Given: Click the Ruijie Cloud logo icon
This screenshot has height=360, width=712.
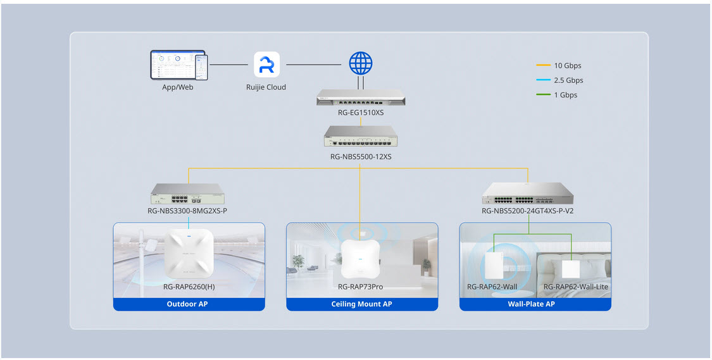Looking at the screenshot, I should point(266,65).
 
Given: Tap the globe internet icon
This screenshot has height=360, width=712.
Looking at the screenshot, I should point(361,63).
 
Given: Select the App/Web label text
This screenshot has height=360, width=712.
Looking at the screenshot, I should point(177,87).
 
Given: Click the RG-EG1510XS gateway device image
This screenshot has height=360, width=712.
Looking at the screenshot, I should point(361,97).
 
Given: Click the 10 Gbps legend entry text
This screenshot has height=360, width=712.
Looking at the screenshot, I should point(567,66).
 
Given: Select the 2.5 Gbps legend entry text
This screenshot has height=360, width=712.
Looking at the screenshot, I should point(568,80).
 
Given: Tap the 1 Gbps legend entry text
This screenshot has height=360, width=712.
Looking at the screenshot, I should point(565,95).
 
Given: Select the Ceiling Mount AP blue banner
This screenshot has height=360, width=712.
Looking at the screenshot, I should point(361,304).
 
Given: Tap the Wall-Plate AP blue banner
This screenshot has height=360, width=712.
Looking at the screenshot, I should point(535,304).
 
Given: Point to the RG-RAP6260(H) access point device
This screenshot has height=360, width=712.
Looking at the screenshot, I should point(189,253).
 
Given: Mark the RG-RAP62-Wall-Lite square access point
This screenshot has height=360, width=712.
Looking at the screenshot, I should point(571,268).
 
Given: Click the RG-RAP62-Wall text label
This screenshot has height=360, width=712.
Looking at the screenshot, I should point(492,287).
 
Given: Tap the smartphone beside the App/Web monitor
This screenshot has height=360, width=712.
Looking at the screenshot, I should point(201,67).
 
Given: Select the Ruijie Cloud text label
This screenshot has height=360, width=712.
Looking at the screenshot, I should point(266,87).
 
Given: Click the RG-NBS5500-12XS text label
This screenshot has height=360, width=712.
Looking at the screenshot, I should point(361,156).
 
